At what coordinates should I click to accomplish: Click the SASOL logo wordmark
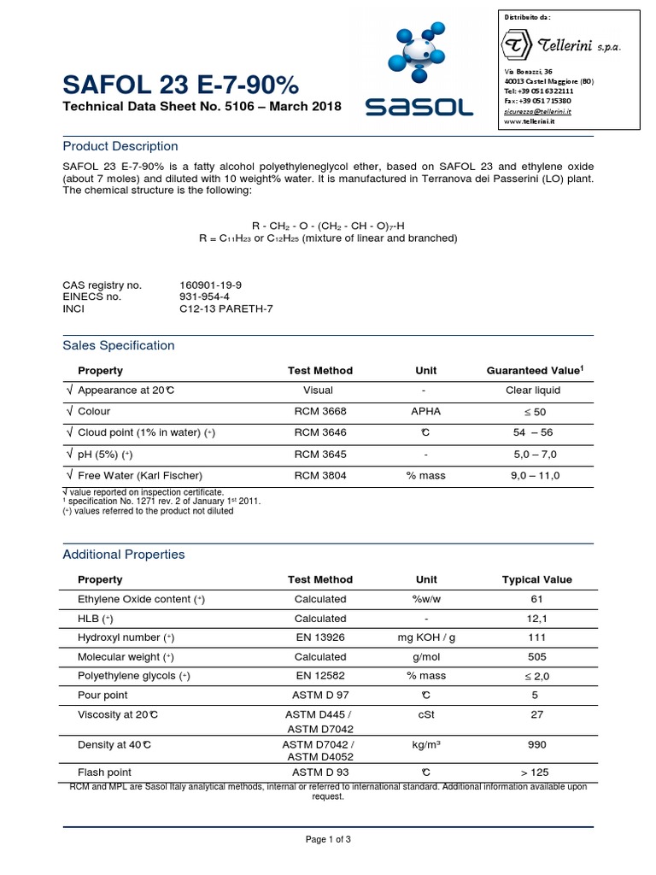click(x=419, y=107)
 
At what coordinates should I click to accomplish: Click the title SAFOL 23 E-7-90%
click(x=180, y=85)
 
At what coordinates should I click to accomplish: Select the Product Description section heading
click(x=120, y=146)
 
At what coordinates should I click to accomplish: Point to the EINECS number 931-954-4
click(x=205, y=297)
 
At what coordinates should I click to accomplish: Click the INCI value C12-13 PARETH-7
click(x=226, y=308)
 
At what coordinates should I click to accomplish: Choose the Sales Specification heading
click(x=119, y=345)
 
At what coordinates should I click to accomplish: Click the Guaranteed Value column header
click(x=534, y=370)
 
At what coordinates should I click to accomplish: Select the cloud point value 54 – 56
click(x=533, y=433)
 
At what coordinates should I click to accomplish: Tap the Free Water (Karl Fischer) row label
click(x=140, y=475)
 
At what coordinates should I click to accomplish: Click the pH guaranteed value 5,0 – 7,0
click(x=533, y=454)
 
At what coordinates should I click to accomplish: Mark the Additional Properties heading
click(x=123, y=555)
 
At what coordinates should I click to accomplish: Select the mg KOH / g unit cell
click(x=425, y=637)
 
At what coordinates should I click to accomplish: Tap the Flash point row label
click(x=104, y=772)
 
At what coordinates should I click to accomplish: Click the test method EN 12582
click(x=319, y=676)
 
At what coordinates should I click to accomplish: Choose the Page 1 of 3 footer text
click(x=328, y=839)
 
